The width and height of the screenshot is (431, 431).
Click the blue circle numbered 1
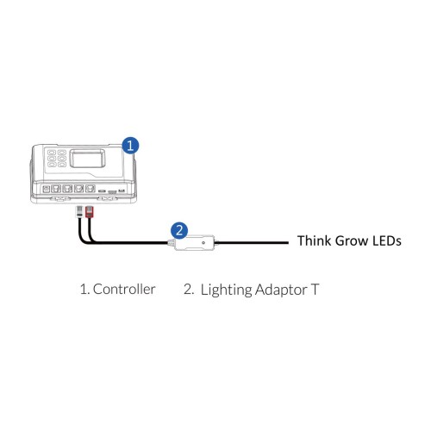click(x=130, y=146)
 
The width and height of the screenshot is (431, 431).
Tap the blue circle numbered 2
click(x=179, y=230)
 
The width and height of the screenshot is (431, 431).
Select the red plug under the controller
click(x=90, y=212)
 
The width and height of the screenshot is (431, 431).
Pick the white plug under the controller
click(x=79, y=212)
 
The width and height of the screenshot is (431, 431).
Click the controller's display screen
click(x=88, y=158)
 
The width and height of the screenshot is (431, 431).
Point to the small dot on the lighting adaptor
click(x=203, y=243)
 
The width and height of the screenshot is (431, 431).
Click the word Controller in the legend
click(x=124, y=289)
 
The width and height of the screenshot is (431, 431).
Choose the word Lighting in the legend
click(x=226, y=290)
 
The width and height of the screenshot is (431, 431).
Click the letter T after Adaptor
click(x=315, y=290)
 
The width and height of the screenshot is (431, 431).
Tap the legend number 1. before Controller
click(x=84, y=289)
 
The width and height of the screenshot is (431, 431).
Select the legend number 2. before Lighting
click(x=189, y=289)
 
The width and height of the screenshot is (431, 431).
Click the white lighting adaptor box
click(x=195, y=243)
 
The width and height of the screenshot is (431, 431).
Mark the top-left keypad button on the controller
click(x=52, y=153)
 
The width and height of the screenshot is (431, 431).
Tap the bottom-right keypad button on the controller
click(x=62, y=165)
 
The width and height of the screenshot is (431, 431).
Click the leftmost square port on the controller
click(x=46, y=189)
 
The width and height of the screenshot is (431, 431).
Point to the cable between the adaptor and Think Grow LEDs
click(x=252, y=243)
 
